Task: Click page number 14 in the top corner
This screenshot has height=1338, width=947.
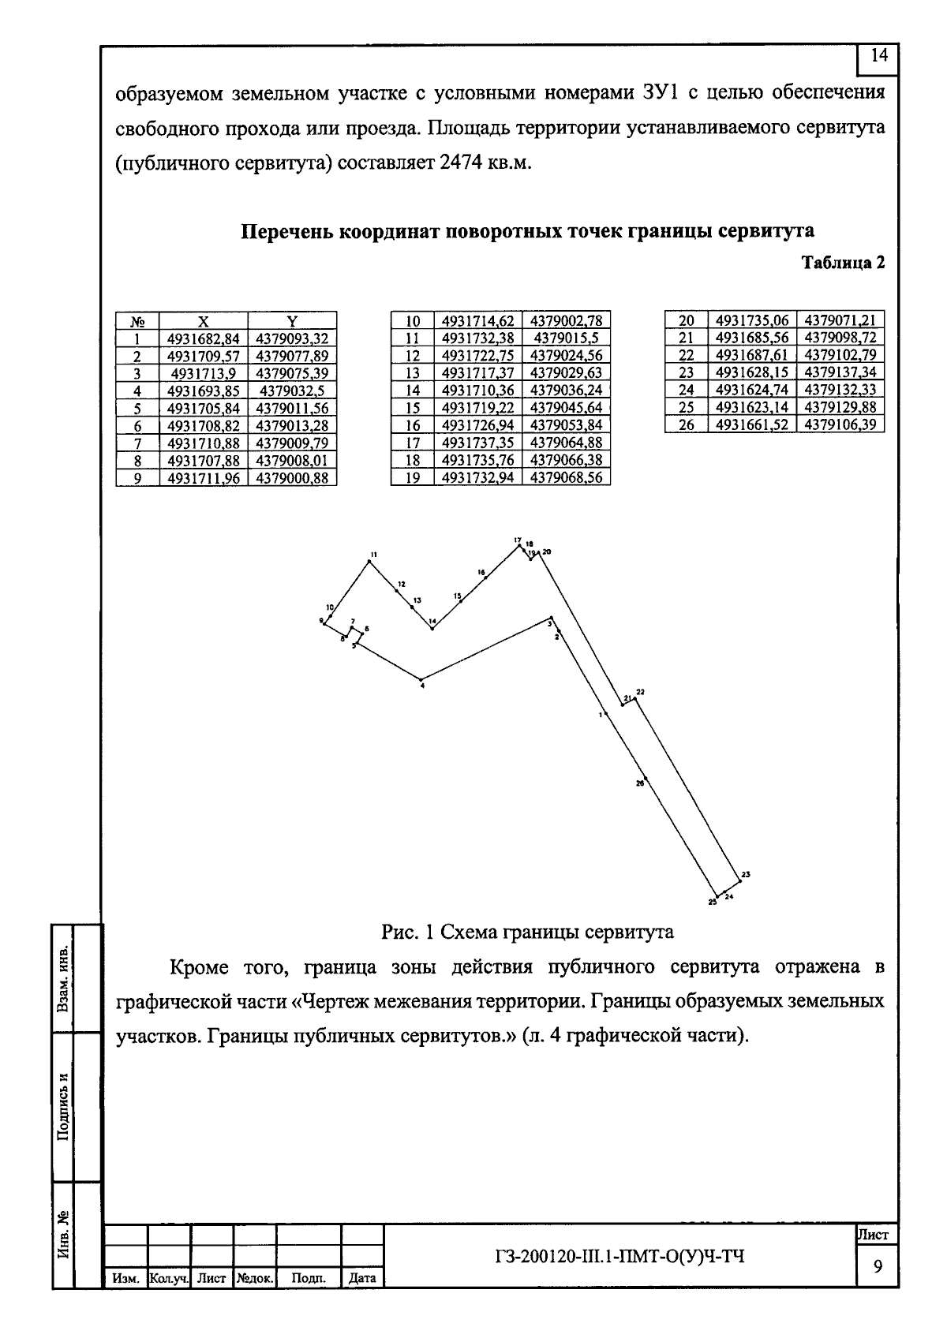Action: (879, 56)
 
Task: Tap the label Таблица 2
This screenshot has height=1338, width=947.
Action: (843, 263)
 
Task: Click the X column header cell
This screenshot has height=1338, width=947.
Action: (204, 321)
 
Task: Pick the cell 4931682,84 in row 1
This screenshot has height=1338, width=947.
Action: (204, 338)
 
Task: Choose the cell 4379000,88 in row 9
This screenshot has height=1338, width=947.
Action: (292, 477)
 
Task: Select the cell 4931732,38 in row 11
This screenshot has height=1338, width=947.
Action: (478, 338)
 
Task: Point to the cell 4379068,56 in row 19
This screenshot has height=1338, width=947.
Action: (566, 477)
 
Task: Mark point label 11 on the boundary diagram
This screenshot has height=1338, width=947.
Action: (373, 555)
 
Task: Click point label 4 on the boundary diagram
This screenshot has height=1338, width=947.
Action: (423, 686)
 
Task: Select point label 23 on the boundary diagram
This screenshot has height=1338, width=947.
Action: (746, 873)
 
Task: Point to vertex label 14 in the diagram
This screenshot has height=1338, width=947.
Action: (432, 622)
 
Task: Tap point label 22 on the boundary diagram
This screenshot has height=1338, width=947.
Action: (640, 692)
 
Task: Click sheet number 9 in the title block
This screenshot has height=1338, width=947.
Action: (877, 1266)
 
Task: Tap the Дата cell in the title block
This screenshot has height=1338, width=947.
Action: (361, 1278)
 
